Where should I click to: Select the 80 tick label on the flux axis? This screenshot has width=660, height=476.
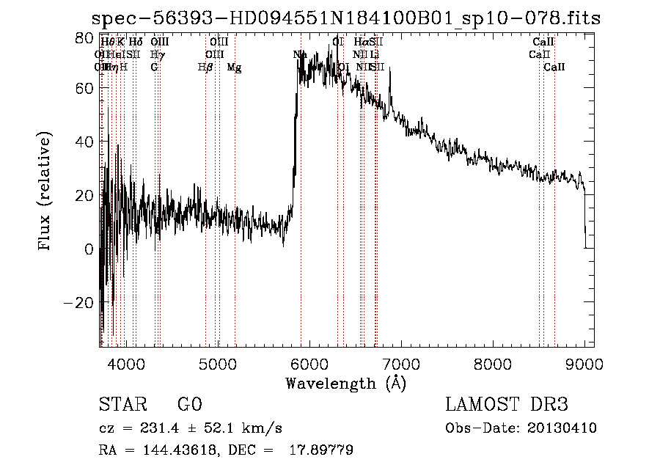[85, 37]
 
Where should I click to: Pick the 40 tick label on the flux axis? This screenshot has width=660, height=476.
[85, 141]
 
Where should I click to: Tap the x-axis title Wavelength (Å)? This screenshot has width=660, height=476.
[345, 384]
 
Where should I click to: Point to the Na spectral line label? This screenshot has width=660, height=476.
[300, 54]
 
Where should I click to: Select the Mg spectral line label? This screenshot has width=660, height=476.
[234, 67]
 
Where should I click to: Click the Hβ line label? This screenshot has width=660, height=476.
[205, 67]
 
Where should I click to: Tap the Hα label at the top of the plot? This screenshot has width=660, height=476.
[362, 43]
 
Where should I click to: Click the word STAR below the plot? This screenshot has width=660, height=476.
[122, 406]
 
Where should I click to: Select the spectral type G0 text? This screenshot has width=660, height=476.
[189, 406]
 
